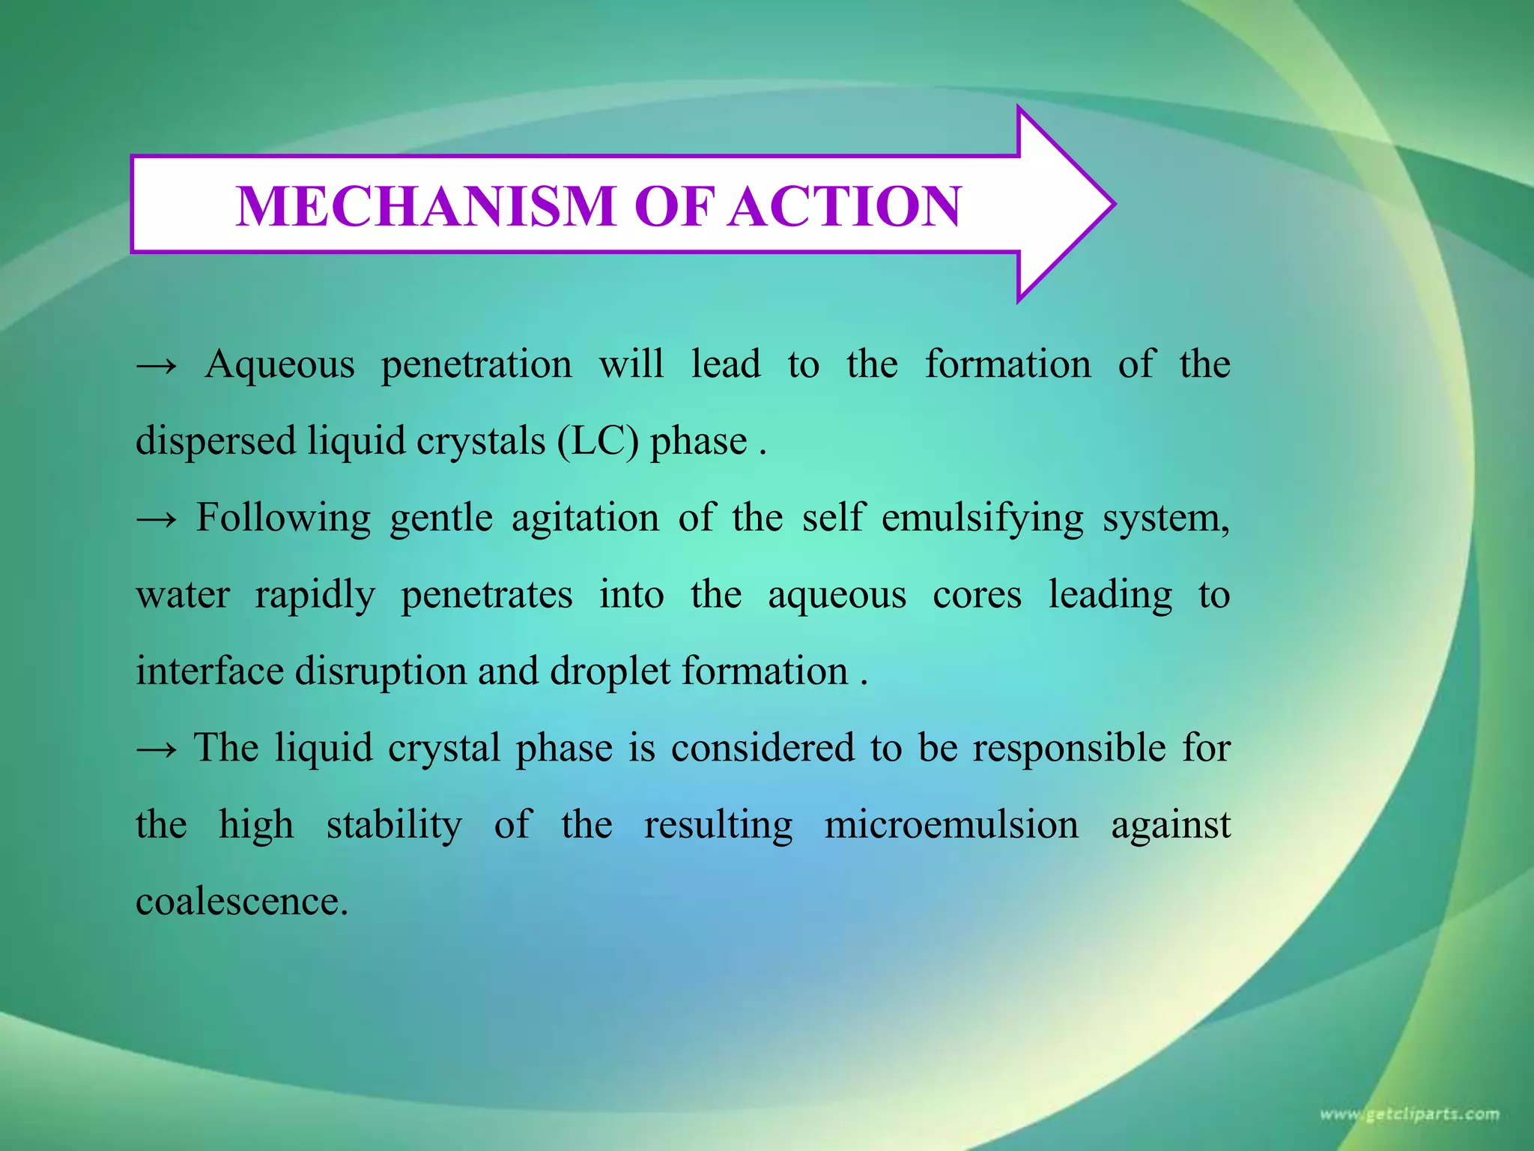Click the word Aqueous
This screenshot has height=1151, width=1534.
(x=280, y=366)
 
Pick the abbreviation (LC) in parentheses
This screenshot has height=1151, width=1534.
(x=598, y=441)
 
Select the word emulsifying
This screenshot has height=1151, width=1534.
(x=982, y=519)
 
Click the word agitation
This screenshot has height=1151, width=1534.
(x=585, y=519)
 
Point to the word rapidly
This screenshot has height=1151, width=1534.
(x=315, y=596)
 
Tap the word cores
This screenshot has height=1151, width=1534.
(x=977, y=596)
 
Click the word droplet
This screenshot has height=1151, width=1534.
(x=610, y=671)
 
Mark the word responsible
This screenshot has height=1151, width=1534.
(x=1070, y=749)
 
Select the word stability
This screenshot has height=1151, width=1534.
(x=394, y=826)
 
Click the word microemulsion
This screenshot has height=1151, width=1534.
(x=951, y=825)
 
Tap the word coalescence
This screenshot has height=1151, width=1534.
(x=241, y=901)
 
